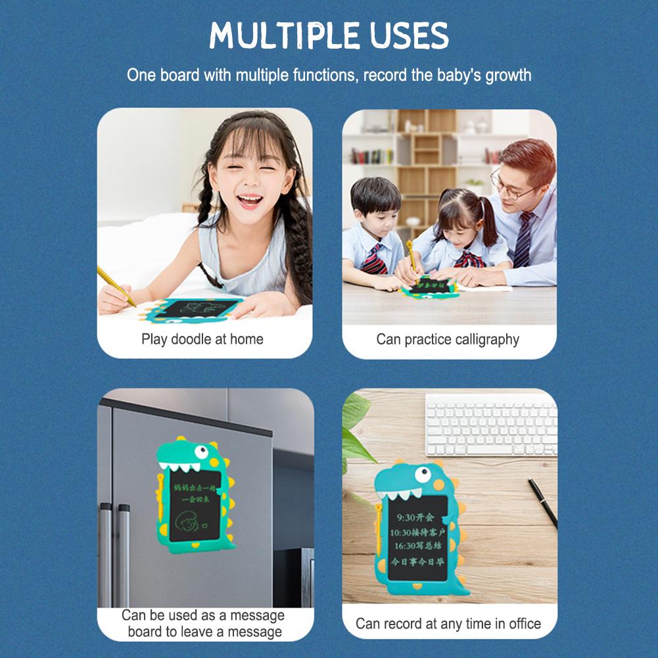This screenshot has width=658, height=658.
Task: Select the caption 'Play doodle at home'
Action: pos(202,339)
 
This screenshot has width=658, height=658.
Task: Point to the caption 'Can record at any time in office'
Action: pos(448,623)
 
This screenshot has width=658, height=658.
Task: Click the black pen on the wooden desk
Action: pos(542,501)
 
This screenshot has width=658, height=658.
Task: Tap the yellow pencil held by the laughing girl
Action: pos(116,286)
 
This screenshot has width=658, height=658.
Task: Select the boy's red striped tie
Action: pos(373,259)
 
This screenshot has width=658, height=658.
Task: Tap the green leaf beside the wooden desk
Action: pos(354,434)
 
